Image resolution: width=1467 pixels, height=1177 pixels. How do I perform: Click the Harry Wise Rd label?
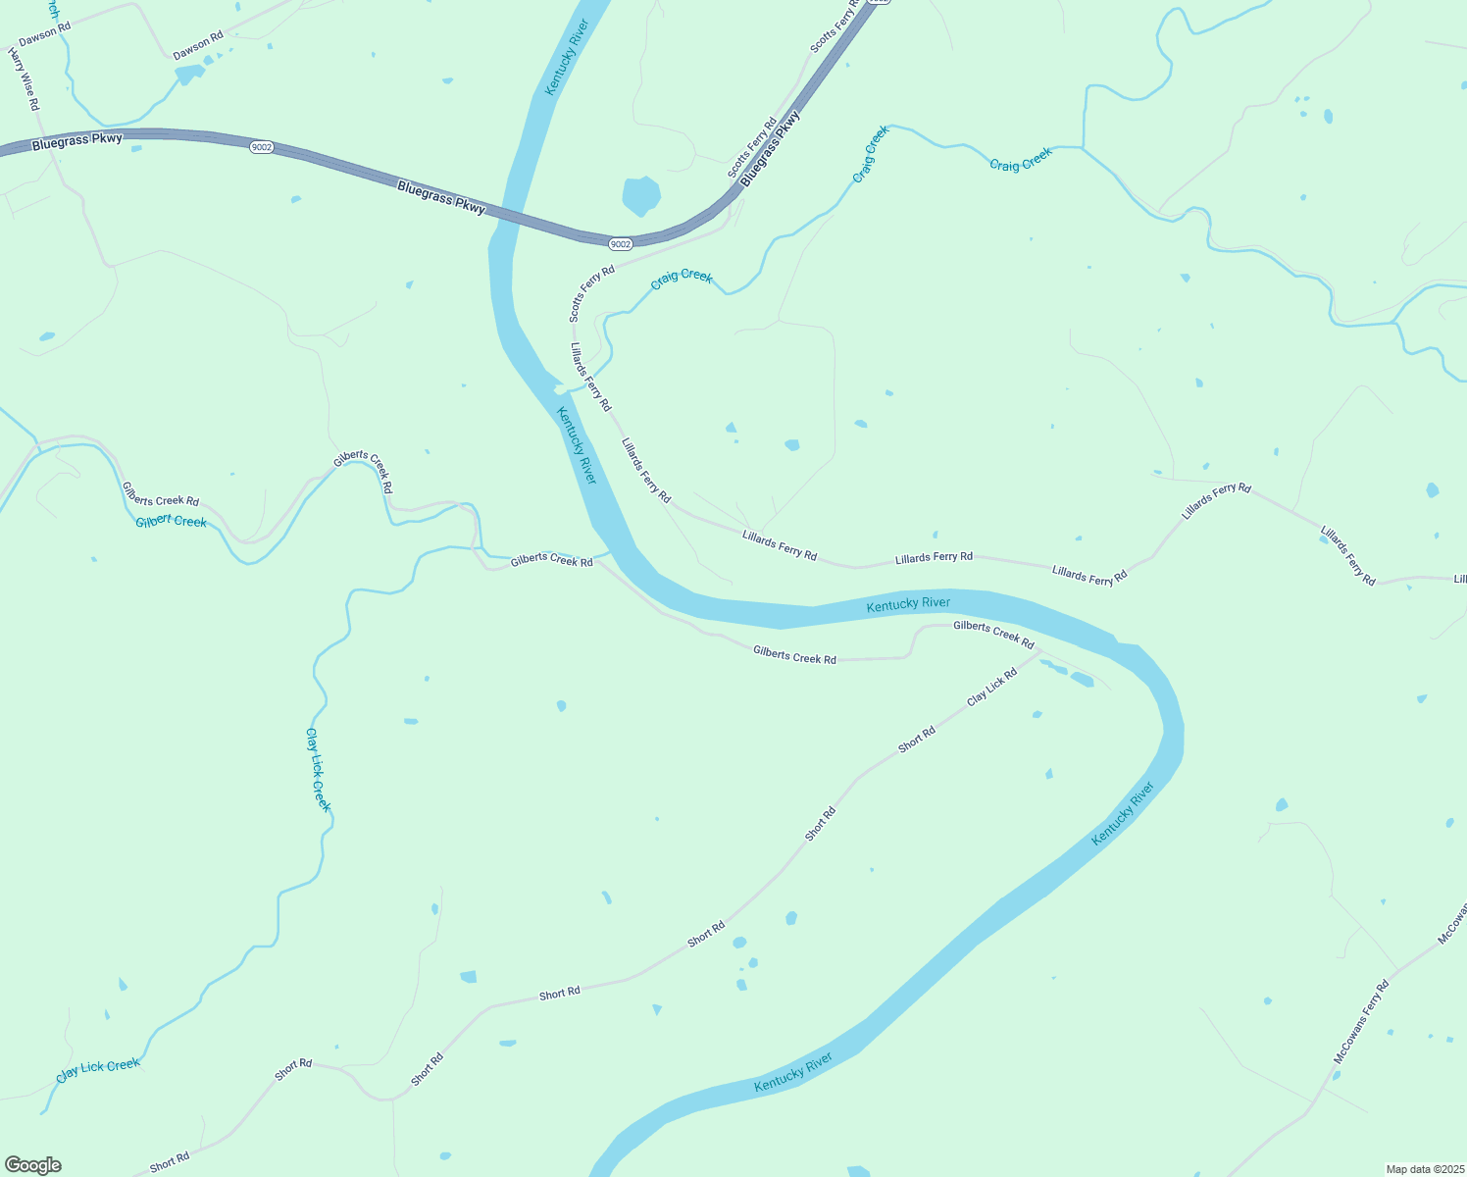coord(24,78)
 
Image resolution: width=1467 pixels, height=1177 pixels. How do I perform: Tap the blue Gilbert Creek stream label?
coord(172,521)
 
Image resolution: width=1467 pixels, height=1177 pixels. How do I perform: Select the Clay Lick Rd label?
coord(991,687)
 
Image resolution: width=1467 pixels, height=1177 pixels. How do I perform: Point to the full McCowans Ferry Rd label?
coord(1361,1023)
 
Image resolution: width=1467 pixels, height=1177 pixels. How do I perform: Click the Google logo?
coord(33,1165)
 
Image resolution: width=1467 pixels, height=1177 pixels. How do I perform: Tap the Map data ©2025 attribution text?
coord(1423,1169)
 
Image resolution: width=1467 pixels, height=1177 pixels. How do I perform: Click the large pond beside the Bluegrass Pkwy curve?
coord(641,195)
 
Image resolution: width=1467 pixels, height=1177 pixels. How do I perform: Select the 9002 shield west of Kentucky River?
coord(261,147)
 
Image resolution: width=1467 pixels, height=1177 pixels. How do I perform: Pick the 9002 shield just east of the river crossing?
coord(620,243)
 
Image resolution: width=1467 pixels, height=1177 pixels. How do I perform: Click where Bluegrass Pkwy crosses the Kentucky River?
coord(506,217)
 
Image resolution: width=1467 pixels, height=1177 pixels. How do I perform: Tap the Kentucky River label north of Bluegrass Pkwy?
coord(566,57)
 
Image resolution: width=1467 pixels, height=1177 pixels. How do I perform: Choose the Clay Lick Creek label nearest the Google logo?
coord(98,1069)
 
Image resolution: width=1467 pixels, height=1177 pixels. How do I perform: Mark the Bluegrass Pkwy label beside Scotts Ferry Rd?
coord(770,149)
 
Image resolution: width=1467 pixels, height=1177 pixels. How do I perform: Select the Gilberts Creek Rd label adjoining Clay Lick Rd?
coord(993,635)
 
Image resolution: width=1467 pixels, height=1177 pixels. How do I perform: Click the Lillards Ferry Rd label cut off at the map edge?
coord(1459,579)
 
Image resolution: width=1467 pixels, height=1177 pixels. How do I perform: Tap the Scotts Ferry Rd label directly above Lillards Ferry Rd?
coord(591,292)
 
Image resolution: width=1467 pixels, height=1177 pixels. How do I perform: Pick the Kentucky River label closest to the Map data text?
coord(1123,812)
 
